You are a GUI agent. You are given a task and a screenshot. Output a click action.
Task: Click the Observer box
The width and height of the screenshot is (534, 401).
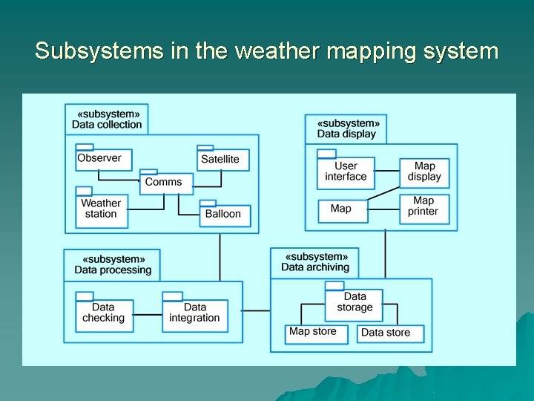coord(104,159)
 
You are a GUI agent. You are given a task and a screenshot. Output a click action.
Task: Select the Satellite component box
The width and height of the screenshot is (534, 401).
coord(222,160)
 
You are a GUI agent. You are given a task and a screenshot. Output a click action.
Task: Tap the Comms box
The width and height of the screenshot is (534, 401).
coord(165,183)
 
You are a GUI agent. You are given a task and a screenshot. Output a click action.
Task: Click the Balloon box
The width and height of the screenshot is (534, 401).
coord(225,215)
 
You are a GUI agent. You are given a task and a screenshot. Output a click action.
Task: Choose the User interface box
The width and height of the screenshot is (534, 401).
coord(346,172)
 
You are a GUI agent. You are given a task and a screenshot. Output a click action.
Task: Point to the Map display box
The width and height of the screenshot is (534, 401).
coord(423,172)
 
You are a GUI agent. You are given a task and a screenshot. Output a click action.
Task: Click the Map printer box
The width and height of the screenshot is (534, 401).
coord(423,207)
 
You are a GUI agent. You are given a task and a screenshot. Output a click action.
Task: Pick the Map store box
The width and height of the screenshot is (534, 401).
coord(315,333)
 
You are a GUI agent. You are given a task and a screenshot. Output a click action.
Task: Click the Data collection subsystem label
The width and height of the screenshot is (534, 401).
coord(107,120)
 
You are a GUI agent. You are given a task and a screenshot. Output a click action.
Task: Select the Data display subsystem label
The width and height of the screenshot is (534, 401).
coord(347,129)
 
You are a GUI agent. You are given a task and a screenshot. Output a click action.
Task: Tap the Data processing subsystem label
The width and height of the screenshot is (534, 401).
coord(112,265)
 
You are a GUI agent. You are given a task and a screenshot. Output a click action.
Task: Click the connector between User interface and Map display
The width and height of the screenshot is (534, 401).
coord(386,172)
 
